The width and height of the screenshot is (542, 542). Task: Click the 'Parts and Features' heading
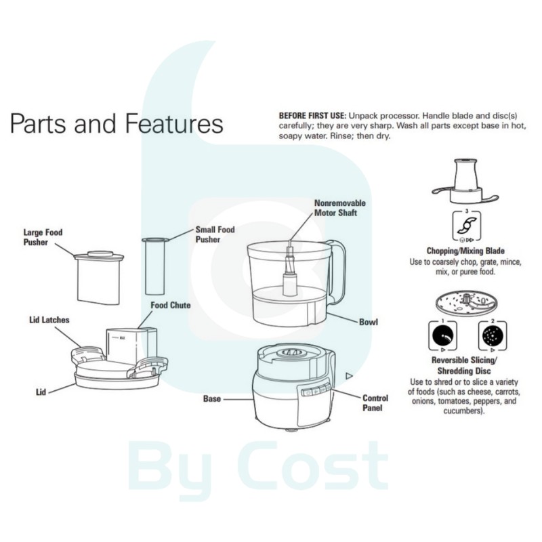pos(116,124)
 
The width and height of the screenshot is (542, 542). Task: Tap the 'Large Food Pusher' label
pos(43,237)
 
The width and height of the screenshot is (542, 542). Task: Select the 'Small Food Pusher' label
pos(215,234)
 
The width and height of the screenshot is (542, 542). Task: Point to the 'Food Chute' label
pos(170,306)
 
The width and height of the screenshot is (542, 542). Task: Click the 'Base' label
pos(213,399)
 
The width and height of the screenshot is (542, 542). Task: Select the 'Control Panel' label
pos(375,403)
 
